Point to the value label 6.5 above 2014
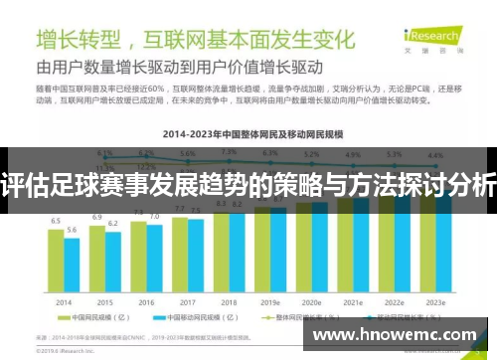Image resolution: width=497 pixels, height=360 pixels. (x=57, y=221)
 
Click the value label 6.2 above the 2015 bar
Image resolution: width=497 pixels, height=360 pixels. (x=112, y=224)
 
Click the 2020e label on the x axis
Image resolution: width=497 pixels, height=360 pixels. (x=312, y=301)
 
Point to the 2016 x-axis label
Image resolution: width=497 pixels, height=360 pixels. (x=146, y=301)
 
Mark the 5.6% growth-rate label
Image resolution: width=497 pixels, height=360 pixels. (x=188, y=154)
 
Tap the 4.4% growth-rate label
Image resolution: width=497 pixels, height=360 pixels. (x=435, y=155)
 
